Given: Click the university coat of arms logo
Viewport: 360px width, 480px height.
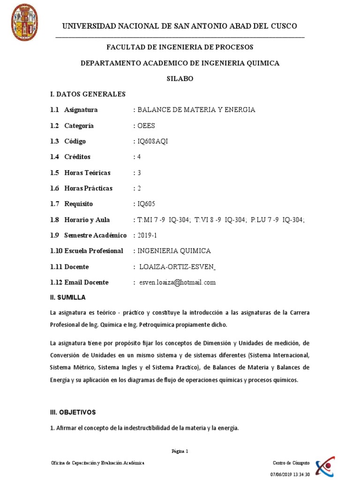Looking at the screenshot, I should point(24,22).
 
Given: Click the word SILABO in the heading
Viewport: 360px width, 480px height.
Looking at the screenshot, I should point(180,79).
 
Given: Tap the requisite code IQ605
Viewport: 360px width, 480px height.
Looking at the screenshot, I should point(146,204).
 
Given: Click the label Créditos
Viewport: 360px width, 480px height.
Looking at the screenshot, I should point(77,157).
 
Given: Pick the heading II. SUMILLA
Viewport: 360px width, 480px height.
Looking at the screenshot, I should point(68,298).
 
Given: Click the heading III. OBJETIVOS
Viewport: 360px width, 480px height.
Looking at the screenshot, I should point(73,412).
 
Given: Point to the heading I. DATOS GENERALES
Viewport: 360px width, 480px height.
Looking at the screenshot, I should point(88,94).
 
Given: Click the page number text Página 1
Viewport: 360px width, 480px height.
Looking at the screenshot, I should point(180,451).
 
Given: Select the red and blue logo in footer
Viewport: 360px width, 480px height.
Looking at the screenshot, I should point(325,466).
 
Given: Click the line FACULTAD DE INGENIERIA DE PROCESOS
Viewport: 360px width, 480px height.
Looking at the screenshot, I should point(180,47).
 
